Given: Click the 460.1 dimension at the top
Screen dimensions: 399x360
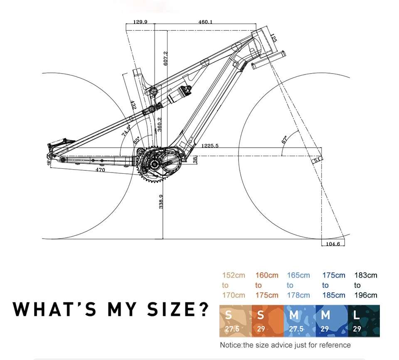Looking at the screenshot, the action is point(205,22).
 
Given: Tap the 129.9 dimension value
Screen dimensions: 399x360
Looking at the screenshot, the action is point(140,22).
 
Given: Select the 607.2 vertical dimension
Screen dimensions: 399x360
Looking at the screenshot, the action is point(165,58).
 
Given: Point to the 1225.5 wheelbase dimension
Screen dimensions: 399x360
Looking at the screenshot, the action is point(210,145).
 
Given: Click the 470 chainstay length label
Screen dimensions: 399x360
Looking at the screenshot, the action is point(100,170).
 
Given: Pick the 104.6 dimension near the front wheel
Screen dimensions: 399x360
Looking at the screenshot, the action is point(332,244).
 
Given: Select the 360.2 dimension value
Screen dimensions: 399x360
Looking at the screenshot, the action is point(160,124).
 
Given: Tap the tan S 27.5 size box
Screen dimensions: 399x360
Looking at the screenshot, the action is point(235,321).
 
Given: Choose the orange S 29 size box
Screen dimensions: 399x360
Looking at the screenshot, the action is point(267,321).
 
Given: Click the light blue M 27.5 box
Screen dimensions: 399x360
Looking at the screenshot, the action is point(299,321).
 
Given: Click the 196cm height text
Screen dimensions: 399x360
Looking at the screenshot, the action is point(365,295).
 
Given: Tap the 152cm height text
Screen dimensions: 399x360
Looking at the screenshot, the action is point(234,275).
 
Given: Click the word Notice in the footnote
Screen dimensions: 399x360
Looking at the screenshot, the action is point(230,345).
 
